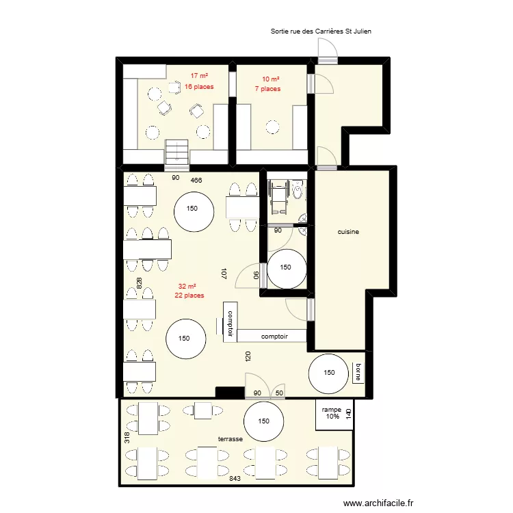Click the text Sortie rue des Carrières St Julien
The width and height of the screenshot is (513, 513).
click(x=321, y=31)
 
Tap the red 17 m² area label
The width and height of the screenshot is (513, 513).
click(x=199, y=76)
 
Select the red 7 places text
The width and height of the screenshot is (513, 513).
click(x=267, y=89)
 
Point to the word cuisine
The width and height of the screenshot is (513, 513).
click(x=348, y=232)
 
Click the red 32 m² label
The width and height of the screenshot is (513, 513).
click(x=187, y=287)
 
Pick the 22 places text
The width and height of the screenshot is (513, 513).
click(x=189, y=295)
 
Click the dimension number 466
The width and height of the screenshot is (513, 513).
click(x=196, y=180)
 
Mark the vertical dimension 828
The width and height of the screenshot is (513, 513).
click(x=139, y=285)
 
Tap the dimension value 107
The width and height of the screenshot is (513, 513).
click(x=224, y=274)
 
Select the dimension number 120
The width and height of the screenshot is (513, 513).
click(x=248, y=356)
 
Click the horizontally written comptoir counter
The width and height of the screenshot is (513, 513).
click(x=274, y=337)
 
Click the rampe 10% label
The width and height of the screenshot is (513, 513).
click(x=332, y=413)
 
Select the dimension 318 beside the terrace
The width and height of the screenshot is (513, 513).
click(x=127, y=437)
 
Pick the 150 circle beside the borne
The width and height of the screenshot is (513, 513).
click(x=329, y=373)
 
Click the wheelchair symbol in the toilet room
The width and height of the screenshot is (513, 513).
click(x=278, y=192)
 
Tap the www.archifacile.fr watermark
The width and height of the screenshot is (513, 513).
click(x=379, y=502)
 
